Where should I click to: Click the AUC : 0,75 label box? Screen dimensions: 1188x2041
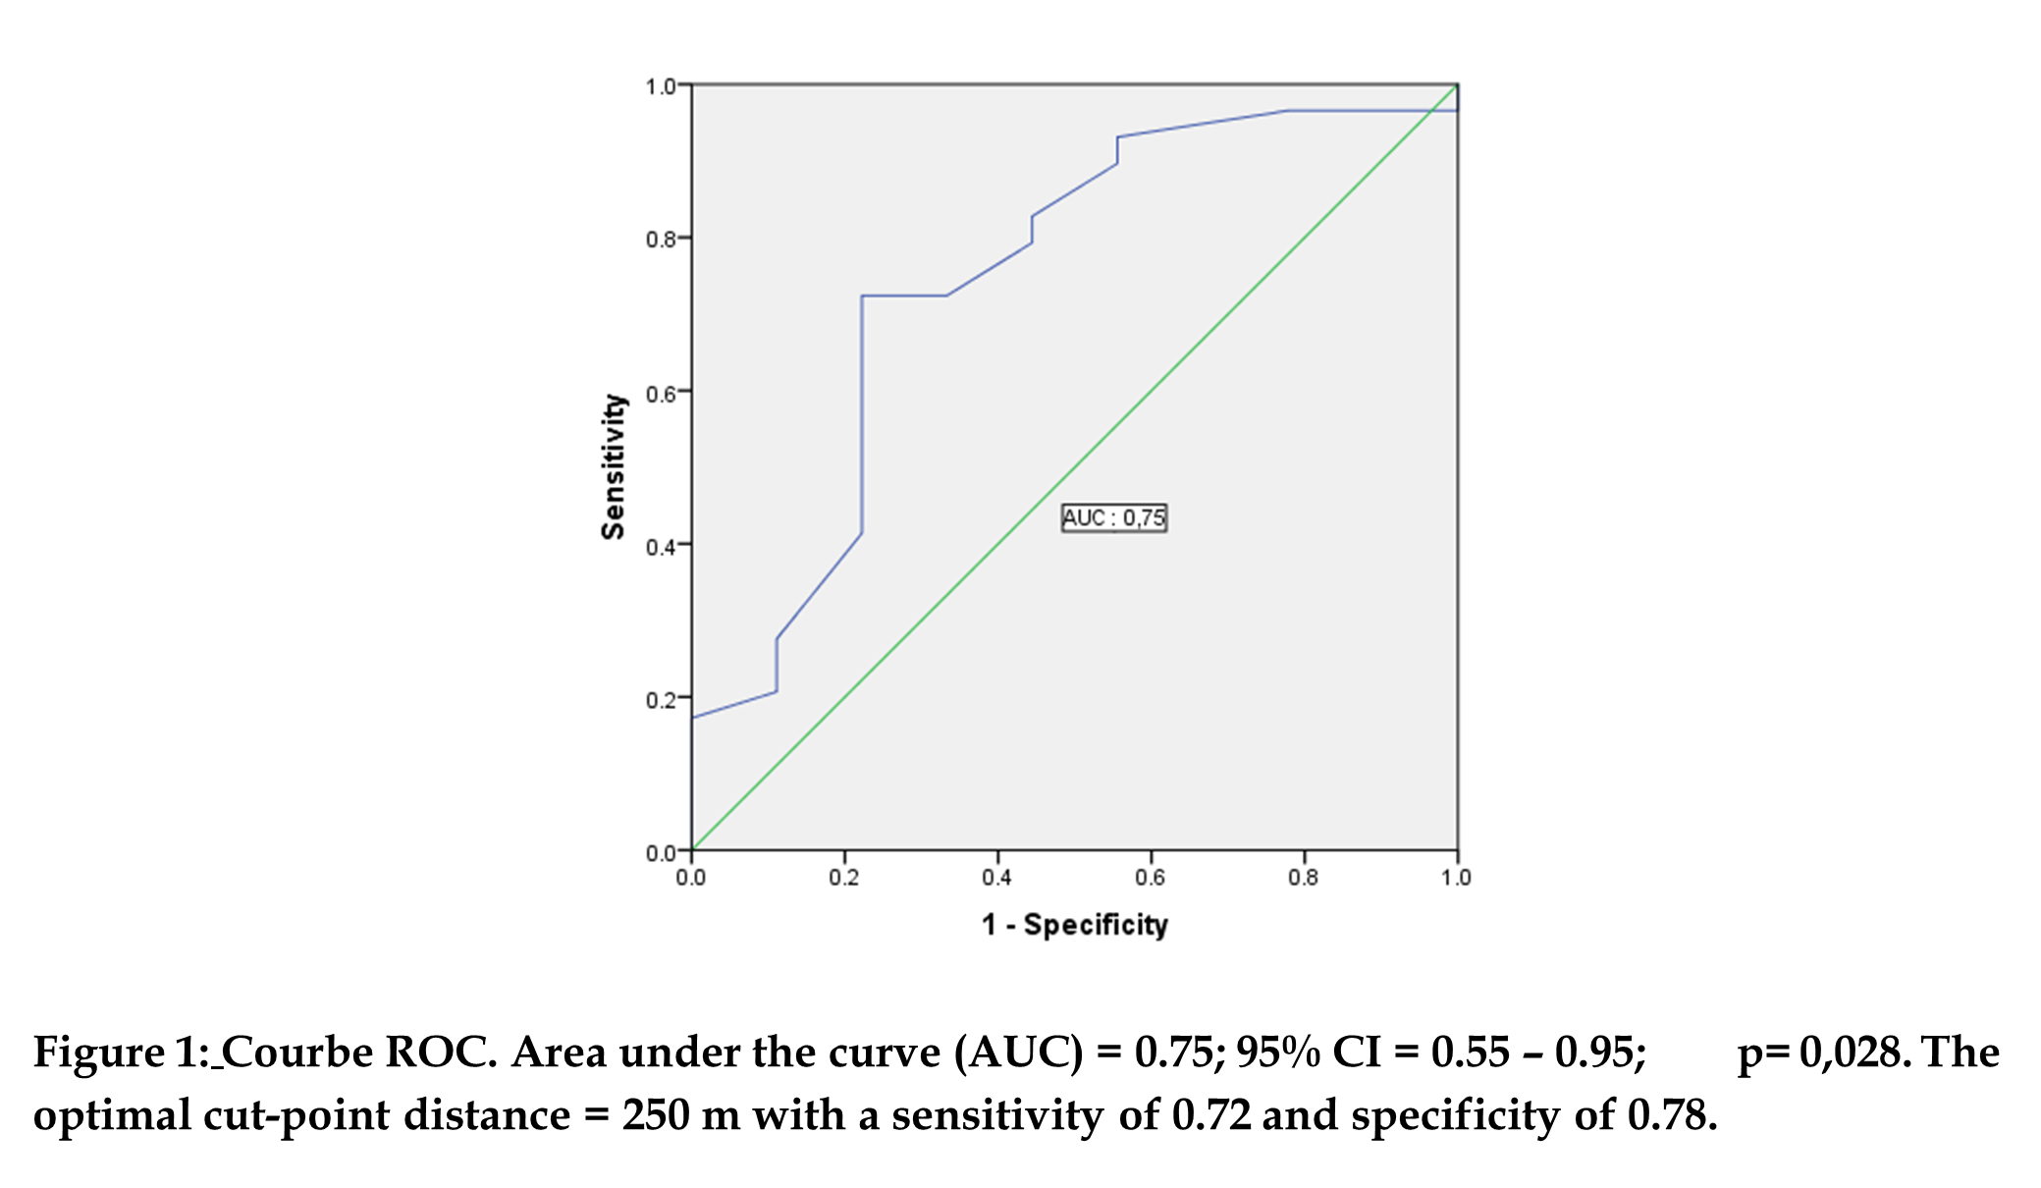(1114, 517)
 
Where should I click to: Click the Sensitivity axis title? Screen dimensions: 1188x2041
(614, 466)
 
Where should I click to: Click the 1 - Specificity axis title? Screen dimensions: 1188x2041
(1075, 924)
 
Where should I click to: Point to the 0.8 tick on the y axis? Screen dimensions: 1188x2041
(660, 239)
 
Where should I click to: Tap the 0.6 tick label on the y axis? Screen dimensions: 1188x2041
(660, 394)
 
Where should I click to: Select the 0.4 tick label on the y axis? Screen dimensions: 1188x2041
(660, 547)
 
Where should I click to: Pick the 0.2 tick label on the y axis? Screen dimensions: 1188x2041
(660, 700)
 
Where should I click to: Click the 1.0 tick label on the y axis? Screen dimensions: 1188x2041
(660, 86)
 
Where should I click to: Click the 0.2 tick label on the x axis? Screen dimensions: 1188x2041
(843, 877)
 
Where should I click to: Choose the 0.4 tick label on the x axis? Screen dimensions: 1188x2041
(996, 877)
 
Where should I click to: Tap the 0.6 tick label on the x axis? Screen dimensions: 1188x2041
(1150, 877)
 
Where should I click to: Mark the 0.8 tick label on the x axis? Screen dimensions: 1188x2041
(1303, 877)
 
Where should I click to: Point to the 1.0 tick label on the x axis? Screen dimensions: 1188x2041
(1456, 877)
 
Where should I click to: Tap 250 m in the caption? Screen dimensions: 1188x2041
(680, 1115)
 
